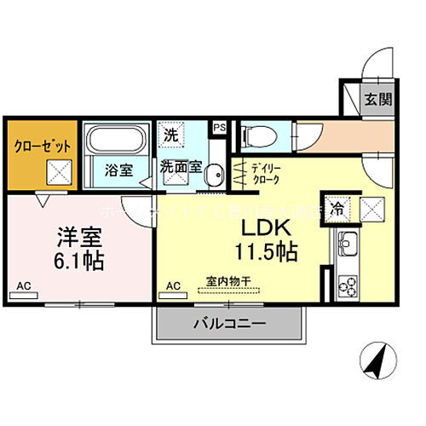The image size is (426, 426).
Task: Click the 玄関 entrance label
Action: pos(379,100)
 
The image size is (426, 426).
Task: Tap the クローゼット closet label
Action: pos(41,145)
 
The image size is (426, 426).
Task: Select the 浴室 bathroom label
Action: pos(118,169)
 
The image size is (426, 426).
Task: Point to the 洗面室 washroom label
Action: pos(181,167)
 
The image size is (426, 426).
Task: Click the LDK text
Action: pos(270,228)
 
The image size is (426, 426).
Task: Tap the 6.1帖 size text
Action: pos(81,260)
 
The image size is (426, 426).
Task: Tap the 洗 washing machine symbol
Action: pos(172,134)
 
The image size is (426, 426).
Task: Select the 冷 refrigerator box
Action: pos(337,206)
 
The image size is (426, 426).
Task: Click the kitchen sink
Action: pos(348,247)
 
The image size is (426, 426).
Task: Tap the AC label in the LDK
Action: pos(173,285)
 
